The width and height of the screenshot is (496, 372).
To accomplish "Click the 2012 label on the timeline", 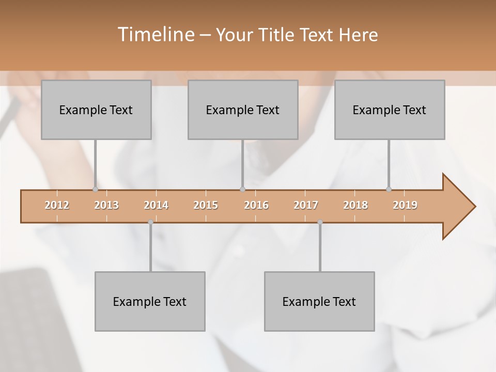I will point(57,205).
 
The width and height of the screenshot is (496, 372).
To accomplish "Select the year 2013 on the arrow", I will point(106,205).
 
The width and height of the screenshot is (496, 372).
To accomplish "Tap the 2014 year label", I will point(156,205).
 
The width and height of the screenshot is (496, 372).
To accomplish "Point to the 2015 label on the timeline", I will point(206,205).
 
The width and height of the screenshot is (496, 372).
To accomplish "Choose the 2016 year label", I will point(256,205).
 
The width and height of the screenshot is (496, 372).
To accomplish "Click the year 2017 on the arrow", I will point(306,205).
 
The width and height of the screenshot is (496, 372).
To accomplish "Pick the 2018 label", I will point(355,205).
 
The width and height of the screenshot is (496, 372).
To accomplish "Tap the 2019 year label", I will point(405,205).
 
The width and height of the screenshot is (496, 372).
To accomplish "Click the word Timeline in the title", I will point(155,35).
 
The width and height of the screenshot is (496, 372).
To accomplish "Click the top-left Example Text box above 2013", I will point(96,110).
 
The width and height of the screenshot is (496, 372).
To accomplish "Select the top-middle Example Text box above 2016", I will point(243,110).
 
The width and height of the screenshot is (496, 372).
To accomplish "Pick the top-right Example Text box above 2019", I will point(390,110).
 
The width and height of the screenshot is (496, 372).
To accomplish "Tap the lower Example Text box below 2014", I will point(150,301).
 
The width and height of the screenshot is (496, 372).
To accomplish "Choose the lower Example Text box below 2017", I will point(319,301).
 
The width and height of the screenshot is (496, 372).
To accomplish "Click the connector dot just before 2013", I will point(95,189).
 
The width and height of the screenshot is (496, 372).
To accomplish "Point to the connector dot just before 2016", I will point(242,189).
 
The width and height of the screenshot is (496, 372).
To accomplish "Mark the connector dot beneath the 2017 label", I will point(320,222).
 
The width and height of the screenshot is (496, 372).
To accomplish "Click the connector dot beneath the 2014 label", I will point(150,222).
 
